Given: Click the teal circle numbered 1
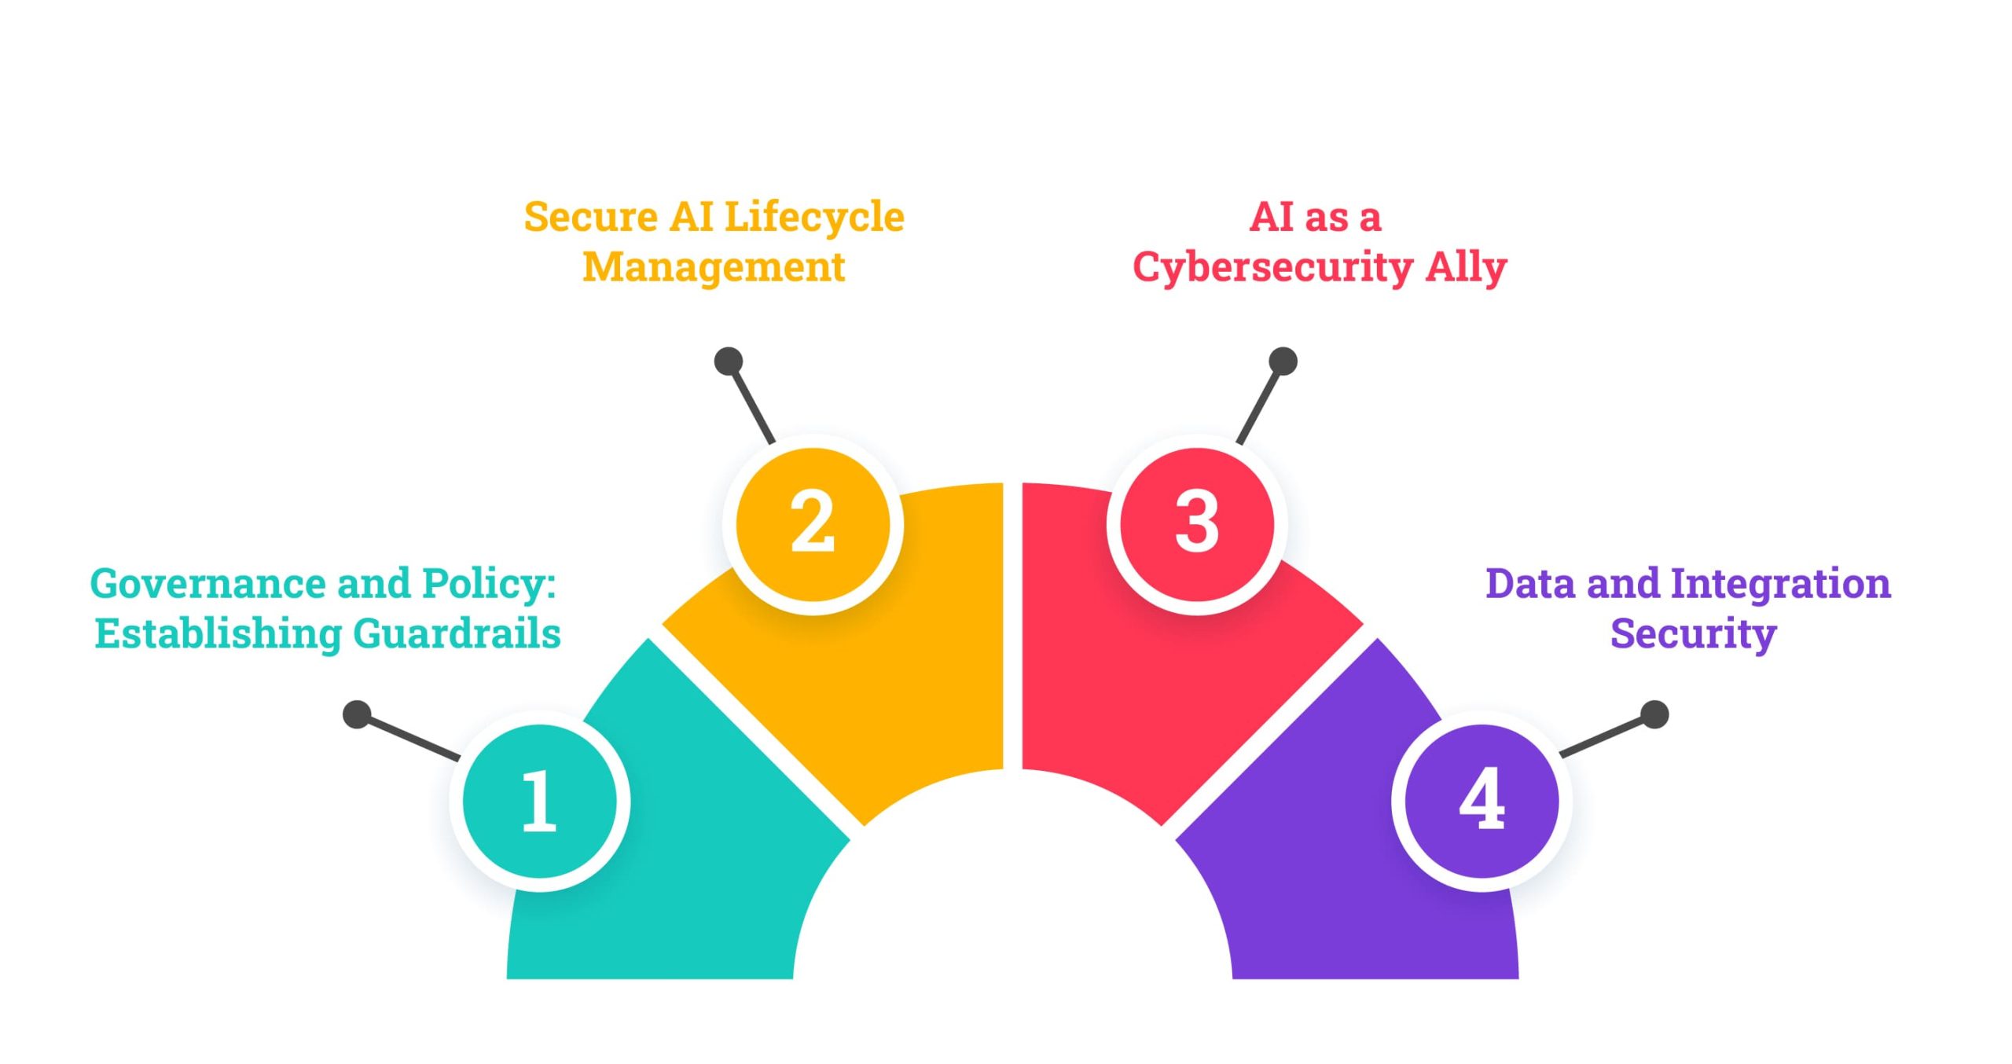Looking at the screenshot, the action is pos(540,801).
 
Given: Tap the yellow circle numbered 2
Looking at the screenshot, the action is pos(813,524).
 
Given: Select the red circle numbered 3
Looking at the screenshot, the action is pos(1197,524).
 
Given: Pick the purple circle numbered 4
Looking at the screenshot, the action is pos(1481,801).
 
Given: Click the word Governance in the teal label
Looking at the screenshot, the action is pos(208,584).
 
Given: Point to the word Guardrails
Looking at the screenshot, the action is pos(457,633).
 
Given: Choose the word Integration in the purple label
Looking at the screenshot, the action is pos(1780,584).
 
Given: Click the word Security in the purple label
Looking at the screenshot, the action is pos(1693,634).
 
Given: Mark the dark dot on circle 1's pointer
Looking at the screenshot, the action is pos(357,714).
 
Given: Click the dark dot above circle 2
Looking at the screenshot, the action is pos(729,361).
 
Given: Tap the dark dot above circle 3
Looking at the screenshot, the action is pos(1283,361).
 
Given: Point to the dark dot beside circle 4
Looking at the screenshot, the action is pos(1655,714).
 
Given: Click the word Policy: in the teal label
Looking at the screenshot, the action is pos(489,585).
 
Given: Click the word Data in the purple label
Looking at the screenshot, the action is pos(1530,584).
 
